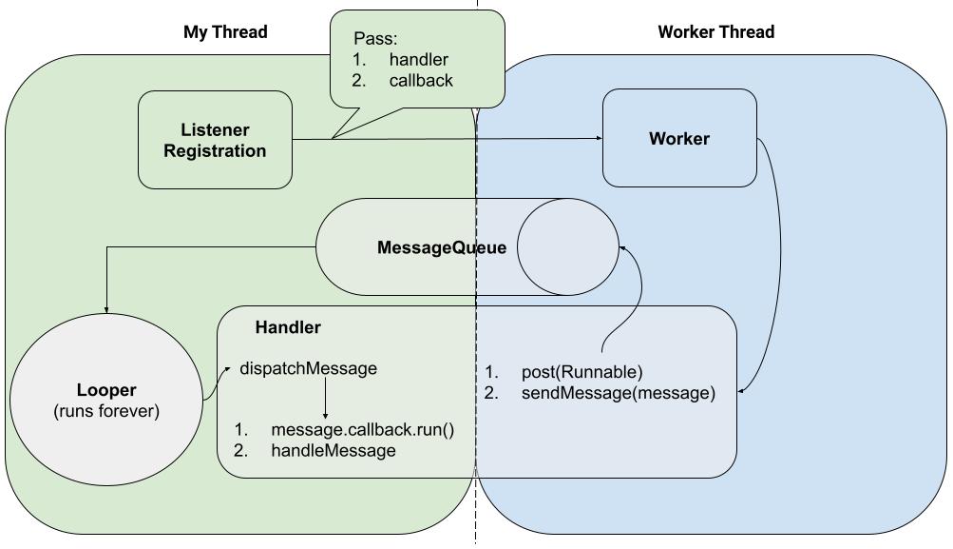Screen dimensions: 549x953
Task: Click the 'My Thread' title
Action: point(225,32)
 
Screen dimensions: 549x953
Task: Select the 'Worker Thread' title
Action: point(715,32)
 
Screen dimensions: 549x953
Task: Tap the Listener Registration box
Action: point(215,140)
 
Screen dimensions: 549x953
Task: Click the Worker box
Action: point(679,139)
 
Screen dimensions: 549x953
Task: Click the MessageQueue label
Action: point(442,248)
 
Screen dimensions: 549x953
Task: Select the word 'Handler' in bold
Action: point(288,327)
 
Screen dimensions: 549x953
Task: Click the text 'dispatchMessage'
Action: point(308,368)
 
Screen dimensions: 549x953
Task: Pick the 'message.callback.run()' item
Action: point(362,430)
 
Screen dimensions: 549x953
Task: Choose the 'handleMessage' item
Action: point(334,451)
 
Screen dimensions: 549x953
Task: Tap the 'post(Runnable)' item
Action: point(581,372)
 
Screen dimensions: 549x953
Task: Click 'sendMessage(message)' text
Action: point(618,393)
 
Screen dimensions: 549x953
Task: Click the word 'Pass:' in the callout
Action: point(375,39)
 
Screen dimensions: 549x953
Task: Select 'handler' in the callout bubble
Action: point(418,60)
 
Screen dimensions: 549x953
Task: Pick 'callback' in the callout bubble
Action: point(421,81)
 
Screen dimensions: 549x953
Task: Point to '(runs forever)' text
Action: point(106,412)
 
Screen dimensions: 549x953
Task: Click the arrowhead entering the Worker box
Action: point(599,138)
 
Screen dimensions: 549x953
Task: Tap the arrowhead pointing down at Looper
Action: point(106,308)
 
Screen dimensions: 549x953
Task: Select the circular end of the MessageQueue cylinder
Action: point(566,247)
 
